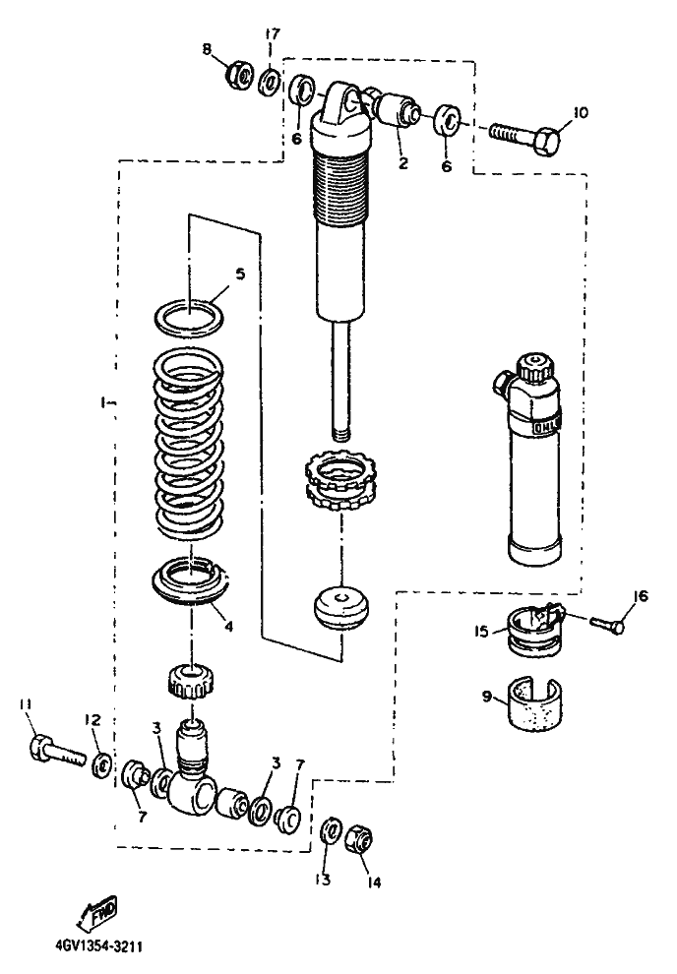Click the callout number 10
pyautogui.click(x=579, y=112)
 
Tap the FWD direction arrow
pyautogui.click(x=99, y=917)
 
